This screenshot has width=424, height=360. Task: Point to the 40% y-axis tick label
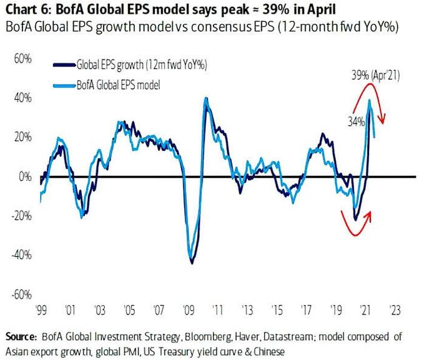point(23,99)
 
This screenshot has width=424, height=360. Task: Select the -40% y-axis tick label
point(22,255)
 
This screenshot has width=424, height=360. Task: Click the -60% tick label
point(22,294)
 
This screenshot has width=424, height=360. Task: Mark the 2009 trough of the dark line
point(192,262)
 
